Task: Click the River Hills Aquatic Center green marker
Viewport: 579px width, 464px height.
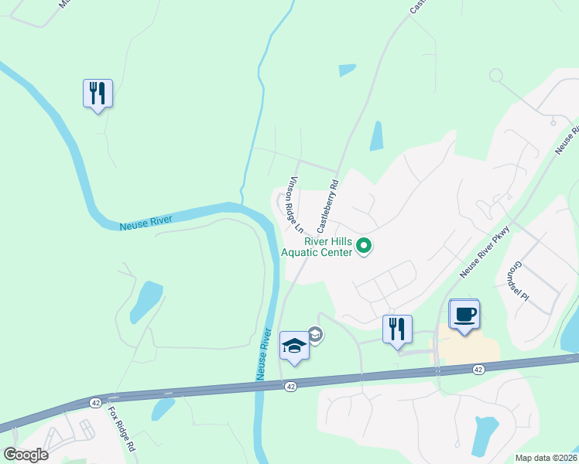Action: tap(364, 247)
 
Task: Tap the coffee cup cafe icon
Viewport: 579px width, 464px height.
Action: tap(464, 315)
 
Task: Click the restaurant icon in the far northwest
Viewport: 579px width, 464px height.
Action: tap(98, 94)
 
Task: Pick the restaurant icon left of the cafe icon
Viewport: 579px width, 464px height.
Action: tap(397, 329)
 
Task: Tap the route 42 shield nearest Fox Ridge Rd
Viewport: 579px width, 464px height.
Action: tap(95, 403)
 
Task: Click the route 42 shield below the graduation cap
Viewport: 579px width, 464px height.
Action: tap(289, 386)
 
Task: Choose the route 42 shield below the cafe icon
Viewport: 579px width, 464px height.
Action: tap(478, 370)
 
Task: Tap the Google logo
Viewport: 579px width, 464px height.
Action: tap(26, 455)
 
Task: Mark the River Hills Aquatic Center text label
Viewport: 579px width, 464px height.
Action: tap(317, 247)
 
